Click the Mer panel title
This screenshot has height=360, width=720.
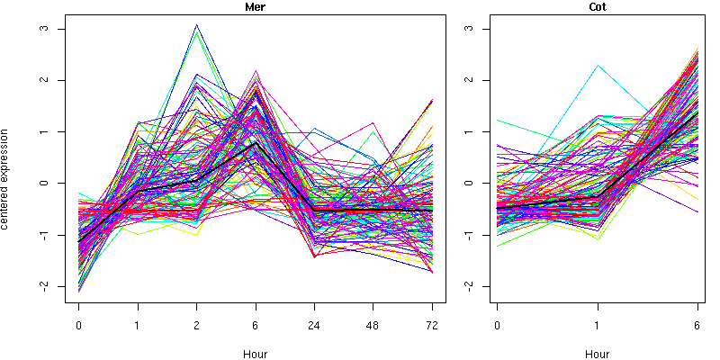click(x=256, y=7)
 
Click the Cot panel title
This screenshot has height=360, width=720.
click(x=598, y=7)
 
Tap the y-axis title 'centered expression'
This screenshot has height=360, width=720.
click(x=7, y=183)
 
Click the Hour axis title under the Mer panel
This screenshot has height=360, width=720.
click(x=256, y=354)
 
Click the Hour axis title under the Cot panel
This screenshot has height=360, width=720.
click(x=598, y=354)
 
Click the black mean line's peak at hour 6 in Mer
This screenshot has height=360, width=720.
click(x=256, y=142)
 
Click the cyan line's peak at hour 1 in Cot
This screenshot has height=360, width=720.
click(x=598, y=65)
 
